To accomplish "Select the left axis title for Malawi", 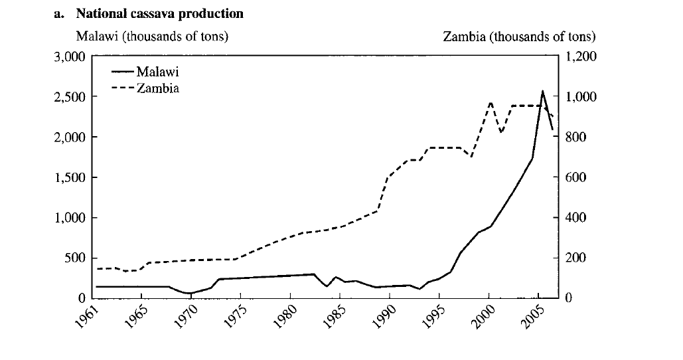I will [x=152, y=37].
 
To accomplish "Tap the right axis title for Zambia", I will [x=519, y=37].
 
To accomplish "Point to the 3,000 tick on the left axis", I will [x=70, y=57].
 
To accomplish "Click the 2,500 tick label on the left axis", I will [x=70, y=98].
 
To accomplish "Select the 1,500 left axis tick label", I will [x=70, y=178].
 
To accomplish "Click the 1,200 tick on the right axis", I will [x=581, y=57].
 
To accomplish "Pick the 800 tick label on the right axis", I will [x=577, y=137].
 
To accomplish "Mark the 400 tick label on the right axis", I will [x=577, y=218].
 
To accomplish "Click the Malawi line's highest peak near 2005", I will [x=542, y=91].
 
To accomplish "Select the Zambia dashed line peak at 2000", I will [x=490, y=102].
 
